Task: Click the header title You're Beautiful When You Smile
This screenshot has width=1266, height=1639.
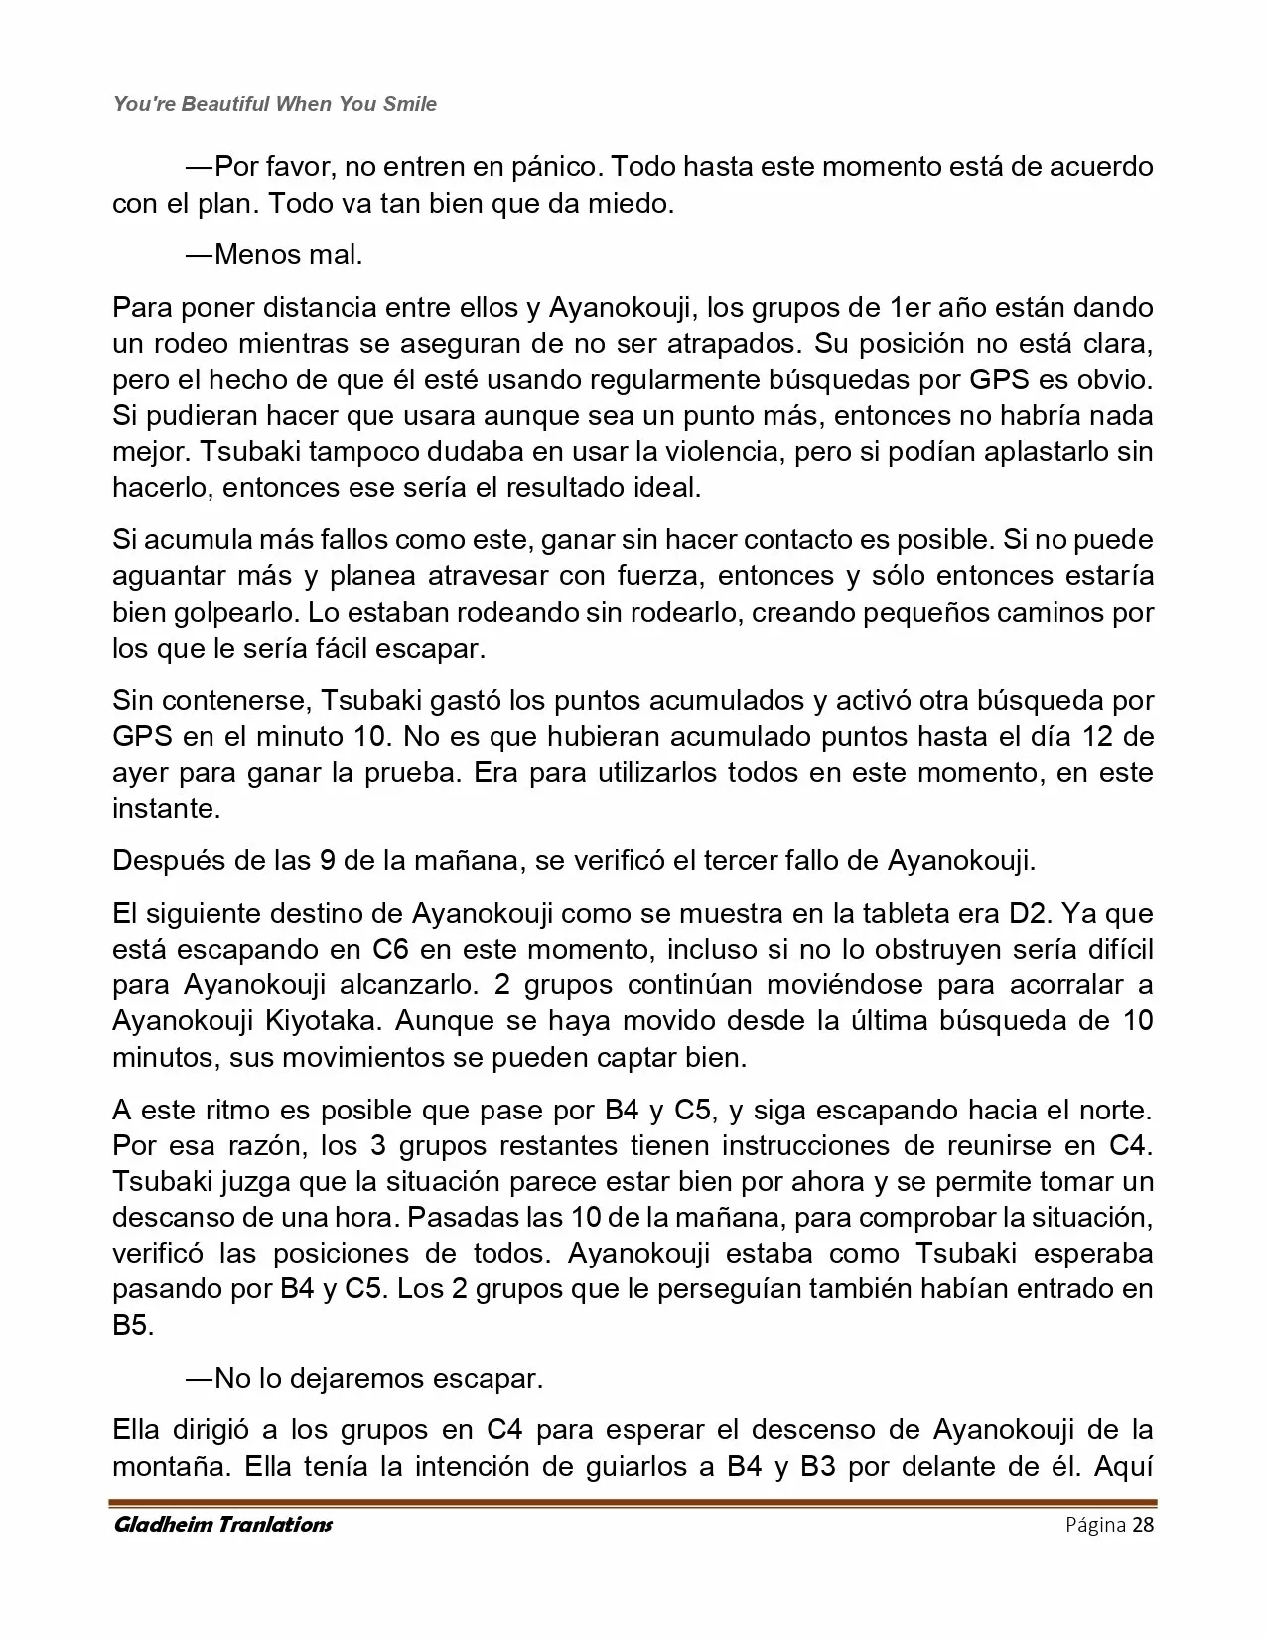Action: (275, 104)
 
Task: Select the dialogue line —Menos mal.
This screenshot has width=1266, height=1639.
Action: (273, 255)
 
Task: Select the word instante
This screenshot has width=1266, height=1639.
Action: (164, 809)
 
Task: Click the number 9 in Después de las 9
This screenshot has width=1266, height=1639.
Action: (327, 860)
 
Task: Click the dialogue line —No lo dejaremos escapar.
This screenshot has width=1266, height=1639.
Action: (363, 1379)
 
